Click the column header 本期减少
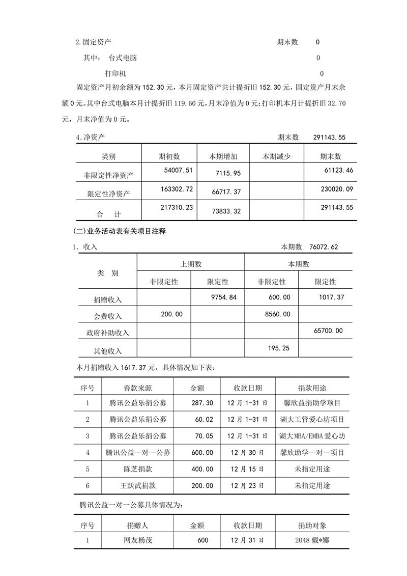click(x=276, y=156)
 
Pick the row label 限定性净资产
click(x=108, y=194)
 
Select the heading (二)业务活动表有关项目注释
click(x=120, y=231)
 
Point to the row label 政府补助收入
click(x=108, y=333)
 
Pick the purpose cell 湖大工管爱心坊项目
click(x=312, y=420)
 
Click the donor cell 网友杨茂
click(x=138, y=540)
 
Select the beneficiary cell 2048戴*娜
click(x=312, y=540)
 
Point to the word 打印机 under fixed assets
click(x=115, y=73)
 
